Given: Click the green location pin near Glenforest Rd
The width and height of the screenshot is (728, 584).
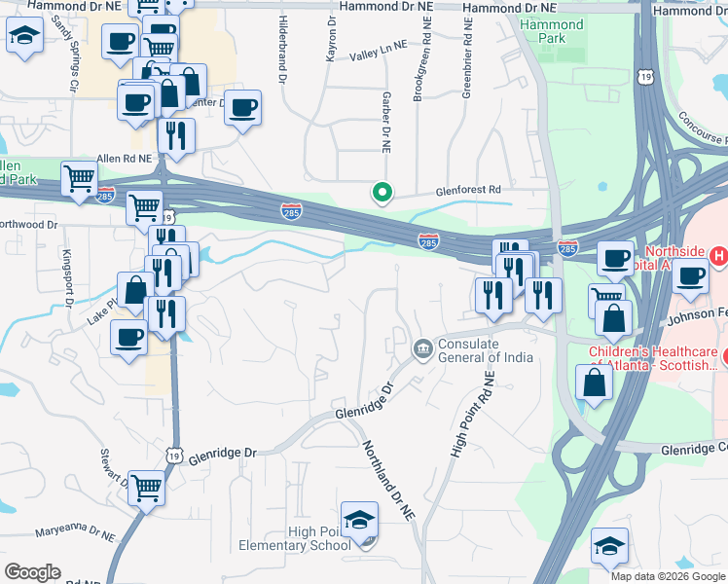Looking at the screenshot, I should coord(382,193).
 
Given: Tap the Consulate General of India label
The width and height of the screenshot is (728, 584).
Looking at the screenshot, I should coord(485,350).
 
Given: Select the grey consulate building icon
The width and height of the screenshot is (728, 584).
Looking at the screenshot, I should coord(422,347).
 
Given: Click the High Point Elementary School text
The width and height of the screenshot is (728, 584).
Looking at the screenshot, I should coord(319,538).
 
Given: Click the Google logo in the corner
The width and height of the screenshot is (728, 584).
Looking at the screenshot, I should coord(32,572).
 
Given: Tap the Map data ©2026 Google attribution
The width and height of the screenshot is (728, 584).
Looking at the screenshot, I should coord(669,576).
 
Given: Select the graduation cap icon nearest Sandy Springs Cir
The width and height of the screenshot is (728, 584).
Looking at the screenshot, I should coord(23,38).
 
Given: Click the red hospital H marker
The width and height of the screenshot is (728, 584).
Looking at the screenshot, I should coord(718,257).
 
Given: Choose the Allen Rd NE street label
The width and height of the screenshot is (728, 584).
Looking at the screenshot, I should coord(125,158).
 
